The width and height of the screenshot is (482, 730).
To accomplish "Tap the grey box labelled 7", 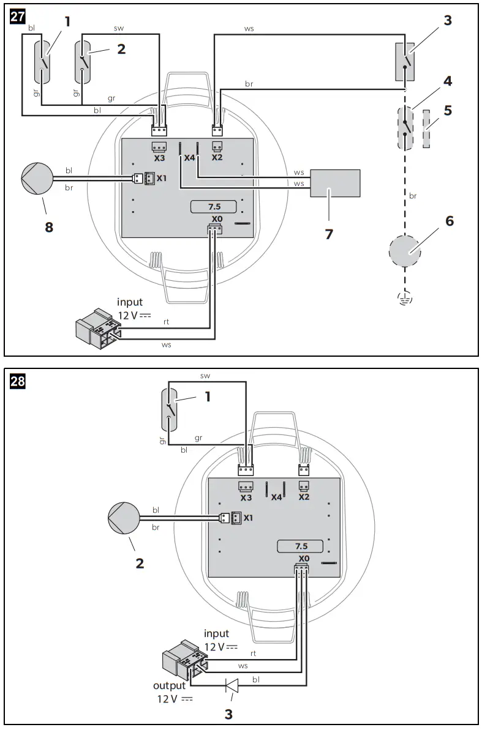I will [x=335, y=184].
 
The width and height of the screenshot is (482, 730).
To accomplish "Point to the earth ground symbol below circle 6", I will [x=405, y=299].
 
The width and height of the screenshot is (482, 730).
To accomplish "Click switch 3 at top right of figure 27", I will [x=405, y=62].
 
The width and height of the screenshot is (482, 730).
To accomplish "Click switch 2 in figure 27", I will [x=84, y=62].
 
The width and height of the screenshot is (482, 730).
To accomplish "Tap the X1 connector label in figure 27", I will [x=161, y=179].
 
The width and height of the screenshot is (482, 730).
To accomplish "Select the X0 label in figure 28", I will [x=304, y=559].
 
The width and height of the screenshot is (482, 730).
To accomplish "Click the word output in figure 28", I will [x=169, y=686].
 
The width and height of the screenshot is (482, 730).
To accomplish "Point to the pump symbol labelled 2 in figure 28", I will [x=124, y=519].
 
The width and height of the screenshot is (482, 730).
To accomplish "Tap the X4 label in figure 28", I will [x=276, y=497].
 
